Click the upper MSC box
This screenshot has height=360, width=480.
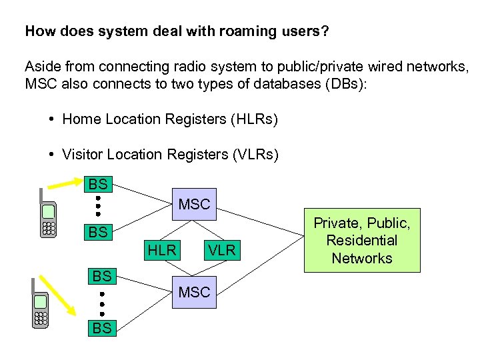point(194,204)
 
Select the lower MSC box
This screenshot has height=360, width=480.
point(194,291)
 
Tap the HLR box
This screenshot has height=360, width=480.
point(162,250)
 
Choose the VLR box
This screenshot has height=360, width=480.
point(221,250)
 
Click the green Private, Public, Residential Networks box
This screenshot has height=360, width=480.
point(362,240)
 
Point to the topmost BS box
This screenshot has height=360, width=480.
point(98,183)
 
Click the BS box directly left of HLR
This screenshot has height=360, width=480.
point(98,233)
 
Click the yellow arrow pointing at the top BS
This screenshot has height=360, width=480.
point(65,186)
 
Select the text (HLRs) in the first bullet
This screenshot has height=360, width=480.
point(253,119)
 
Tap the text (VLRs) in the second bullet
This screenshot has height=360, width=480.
point(255,155)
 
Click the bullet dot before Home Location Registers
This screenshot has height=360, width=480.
point(52,119)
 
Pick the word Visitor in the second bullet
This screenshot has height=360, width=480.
point(83,155)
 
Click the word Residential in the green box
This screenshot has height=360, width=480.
point(362,240)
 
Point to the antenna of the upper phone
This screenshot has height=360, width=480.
point(41,195)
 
